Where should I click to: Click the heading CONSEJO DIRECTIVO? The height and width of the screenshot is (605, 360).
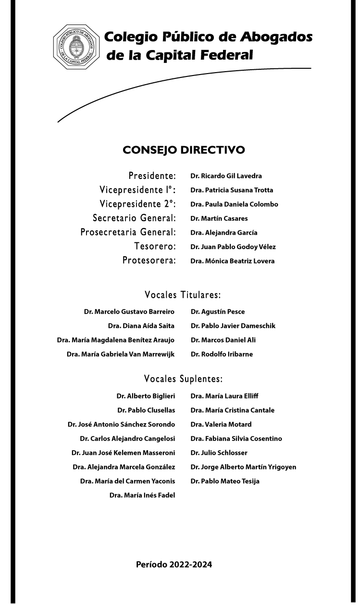coord(184,150)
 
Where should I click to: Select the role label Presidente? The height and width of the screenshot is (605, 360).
coord(152,176)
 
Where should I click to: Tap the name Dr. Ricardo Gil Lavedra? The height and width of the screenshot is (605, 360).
coord(226,176)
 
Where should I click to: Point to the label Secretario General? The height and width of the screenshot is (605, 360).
coord(134,218)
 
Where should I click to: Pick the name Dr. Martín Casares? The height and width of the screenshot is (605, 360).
coord(219,218)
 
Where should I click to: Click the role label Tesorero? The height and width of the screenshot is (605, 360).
coord(155,247)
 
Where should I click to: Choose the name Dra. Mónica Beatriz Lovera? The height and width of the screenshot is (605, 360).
coord(233,261)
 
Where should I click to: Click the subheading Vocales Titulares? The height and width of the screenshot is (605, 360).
coord(183,294)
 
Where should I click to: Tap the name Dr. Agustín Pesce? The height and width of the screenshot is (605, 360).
coord(217,312)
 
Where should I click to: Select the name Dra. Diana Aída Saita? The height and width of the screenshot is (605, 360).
coord(141,326)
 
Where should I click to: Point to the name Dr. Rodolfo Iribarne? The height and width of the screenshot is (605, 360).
coord(222,354)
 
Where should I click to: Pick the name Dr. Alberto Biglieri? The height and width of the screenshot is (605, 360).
coord(146,396)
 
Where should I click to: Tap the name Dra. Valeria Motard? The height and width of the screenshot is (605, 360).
coord(221,425)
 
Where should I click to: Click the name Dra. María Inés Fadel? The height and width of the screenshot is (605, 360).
coord(142,495)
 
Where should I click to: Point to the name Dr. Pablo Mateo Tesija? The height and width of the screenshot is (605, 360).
coord(225,481)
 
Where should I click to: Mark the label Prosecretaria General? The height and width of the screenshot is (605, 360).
coord(128,233)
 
